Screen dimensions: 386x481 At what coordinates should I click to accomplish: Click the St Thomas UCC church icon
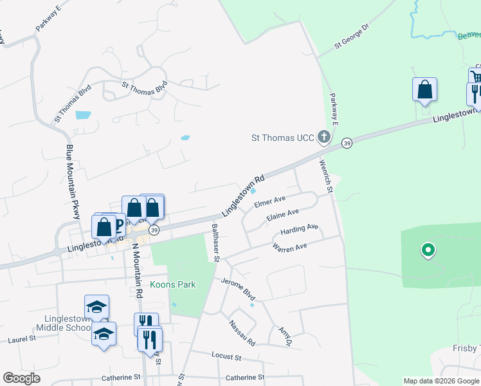tap(324, 136)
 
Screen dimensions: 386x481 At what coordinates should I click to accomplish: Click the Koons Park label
tap(172, 284)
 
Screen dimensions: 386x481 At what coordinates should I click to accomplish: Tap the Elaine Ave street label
tap(283, 213)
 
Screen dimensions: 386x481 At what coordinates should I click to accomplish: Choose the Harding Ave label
tap(299, 228)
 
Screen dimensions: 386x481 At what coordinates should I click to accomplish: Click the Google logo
tap(21, 378)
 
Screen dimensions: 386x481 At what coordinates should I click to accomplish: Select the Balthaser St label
tap(216, 243)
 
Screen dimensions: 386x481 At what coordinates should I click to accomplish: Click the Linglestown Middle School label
tap(70, 323)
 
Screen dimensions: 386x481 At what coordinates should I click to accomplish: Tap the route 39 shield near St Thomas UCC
tap(347, 142)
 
